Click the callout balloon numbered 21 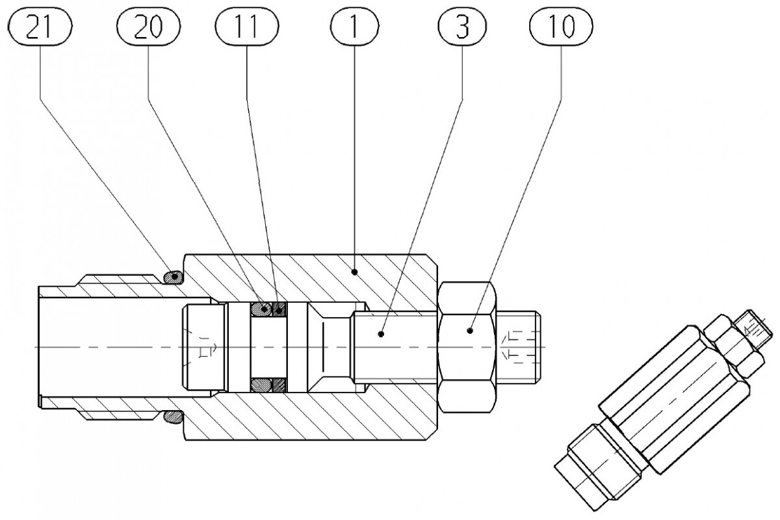[40, 27]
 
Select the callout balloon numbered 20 [148, 27]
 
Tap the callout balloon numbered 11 [247, 27]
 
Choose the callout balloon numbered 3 [462, 27]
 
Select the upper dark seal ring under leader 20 [264, 308]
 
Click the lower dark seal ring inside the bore [264, 385]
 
